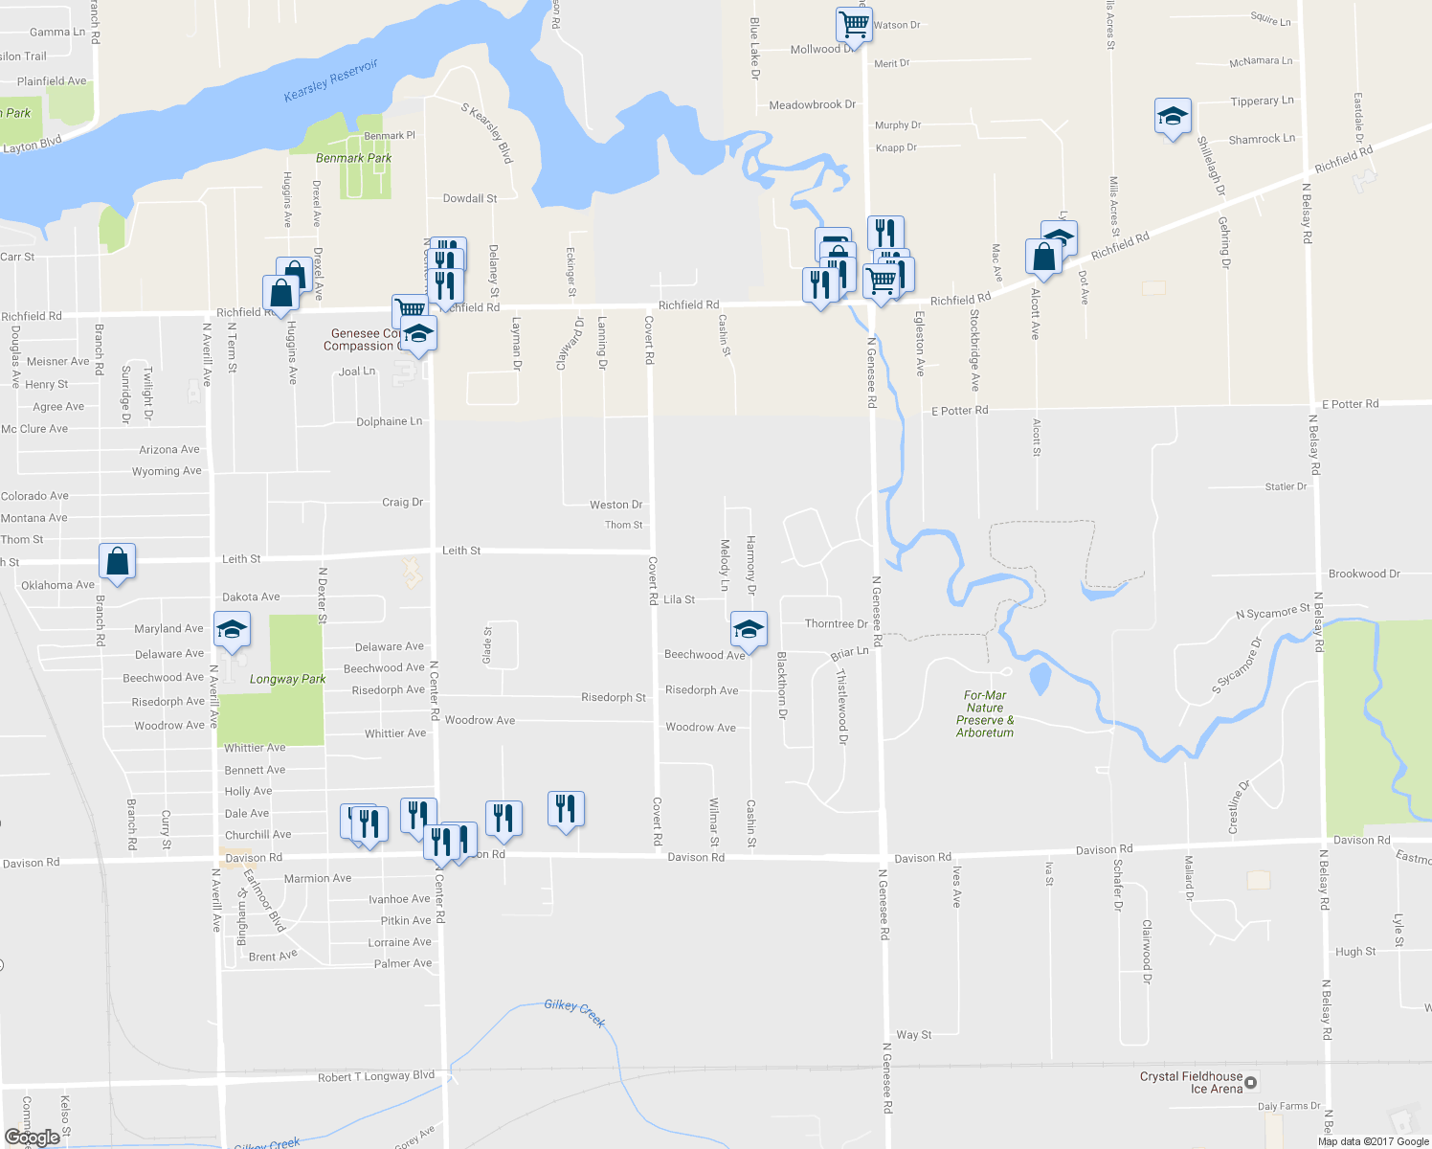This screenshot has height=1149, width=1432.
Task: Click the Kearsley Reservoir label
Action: [x=331, y=80]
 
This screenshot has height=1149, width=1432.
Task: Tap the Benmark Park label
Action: [x=353, y=158]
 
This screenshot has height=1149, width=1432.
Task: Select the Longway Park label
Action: [x=287, y=679]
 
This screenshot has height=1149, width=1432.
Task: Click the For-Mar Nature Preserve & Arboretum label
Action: [x=985, y=714]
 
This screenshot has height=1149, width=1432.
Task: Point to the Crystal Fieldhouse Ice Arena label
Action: [x=1192, y=1082]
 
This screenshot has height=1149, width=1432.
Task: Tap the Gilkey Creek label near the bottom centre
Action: [x=574, y=1012]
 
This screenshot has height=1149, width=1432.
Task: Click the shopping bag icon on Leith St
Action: [x=117, y=562]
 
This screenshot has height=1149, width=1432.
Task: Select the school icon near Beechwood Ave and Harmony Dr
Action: [x=749, y=629]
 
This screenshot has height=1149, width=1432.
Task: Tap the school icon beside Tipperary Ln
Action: [x=1173, y=117]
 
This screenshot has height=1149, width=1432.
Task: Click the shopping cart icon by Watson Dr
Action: [x=853, y=24]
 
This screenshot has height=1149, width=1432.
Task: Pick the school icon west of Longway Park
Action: [x=232, y=629]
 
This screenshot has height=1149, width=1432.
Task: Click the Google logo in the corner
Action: [x=33, y=1137]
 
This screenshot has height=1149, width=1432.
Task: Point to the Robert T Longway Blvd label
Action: [x=376, y=1077]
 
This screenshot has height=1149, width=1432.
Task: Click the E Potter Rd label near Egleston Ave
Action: [x=960, y=411]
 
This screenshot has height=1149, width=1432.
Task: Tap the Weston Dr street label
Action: [x=616, y=505]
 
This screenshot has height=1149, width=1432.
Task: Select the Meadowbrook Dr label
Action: [x=813, y=104]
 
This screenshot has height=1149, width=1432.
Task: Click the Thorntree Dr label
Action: [x=837, y=623]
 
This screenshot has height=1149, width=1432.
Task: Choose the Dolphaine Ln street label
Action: [x=389, y=421]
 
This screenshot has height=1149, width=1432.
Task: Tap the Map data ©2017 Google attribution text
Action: [x=1373, y=1141]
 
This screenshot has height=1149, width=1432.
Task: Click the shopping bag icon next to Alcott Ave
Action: [x=1043, y=257]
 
